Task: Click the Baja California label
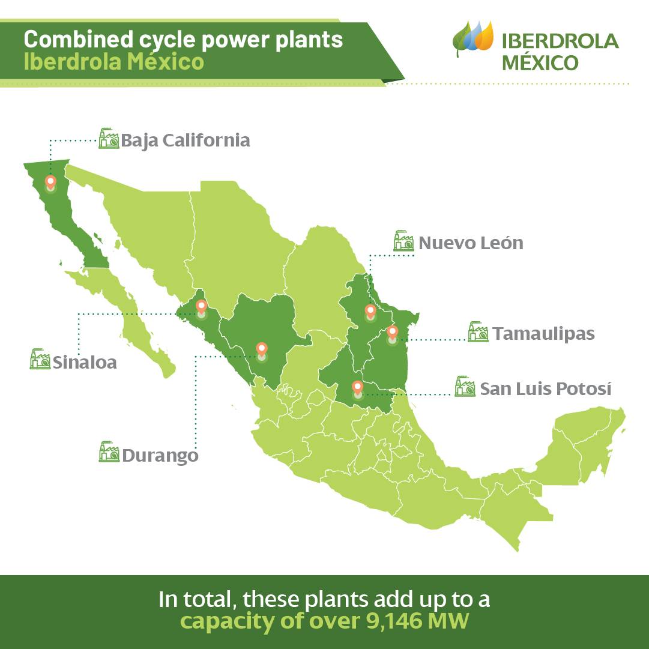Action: coord(186,140)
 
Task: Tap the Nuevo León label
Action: coord(471,243)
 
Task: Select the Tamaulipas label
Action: coord(543,334)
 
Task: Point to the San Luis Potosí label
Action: coord(546,388)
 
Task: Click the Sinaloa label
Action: coord(85,363)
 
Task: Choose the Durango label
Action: coord(160,456)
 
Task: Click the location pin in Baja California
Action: coord(50,183)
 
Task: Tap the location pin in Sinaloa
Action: coord(201,307)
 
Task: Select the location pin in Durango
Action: coord(262,351)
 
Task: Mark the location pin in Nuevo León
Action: coord(370,312)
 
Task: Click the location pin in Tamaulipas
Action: coord(393,333)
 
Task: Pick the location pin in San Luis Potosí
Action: coord(358,388)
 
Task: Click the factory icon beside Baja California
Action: coord(109,138)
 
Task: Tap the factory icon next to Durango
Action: coord(109,451)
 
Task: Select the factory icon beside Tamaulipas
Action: coord(478,331)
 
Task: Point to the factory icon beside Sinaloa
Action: coord(40,359)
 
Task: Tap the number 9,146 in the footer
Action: coord(395,621)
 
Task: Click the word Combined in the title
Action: coord(79,40)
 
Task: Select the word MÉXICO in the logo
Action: coord(540,62)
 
